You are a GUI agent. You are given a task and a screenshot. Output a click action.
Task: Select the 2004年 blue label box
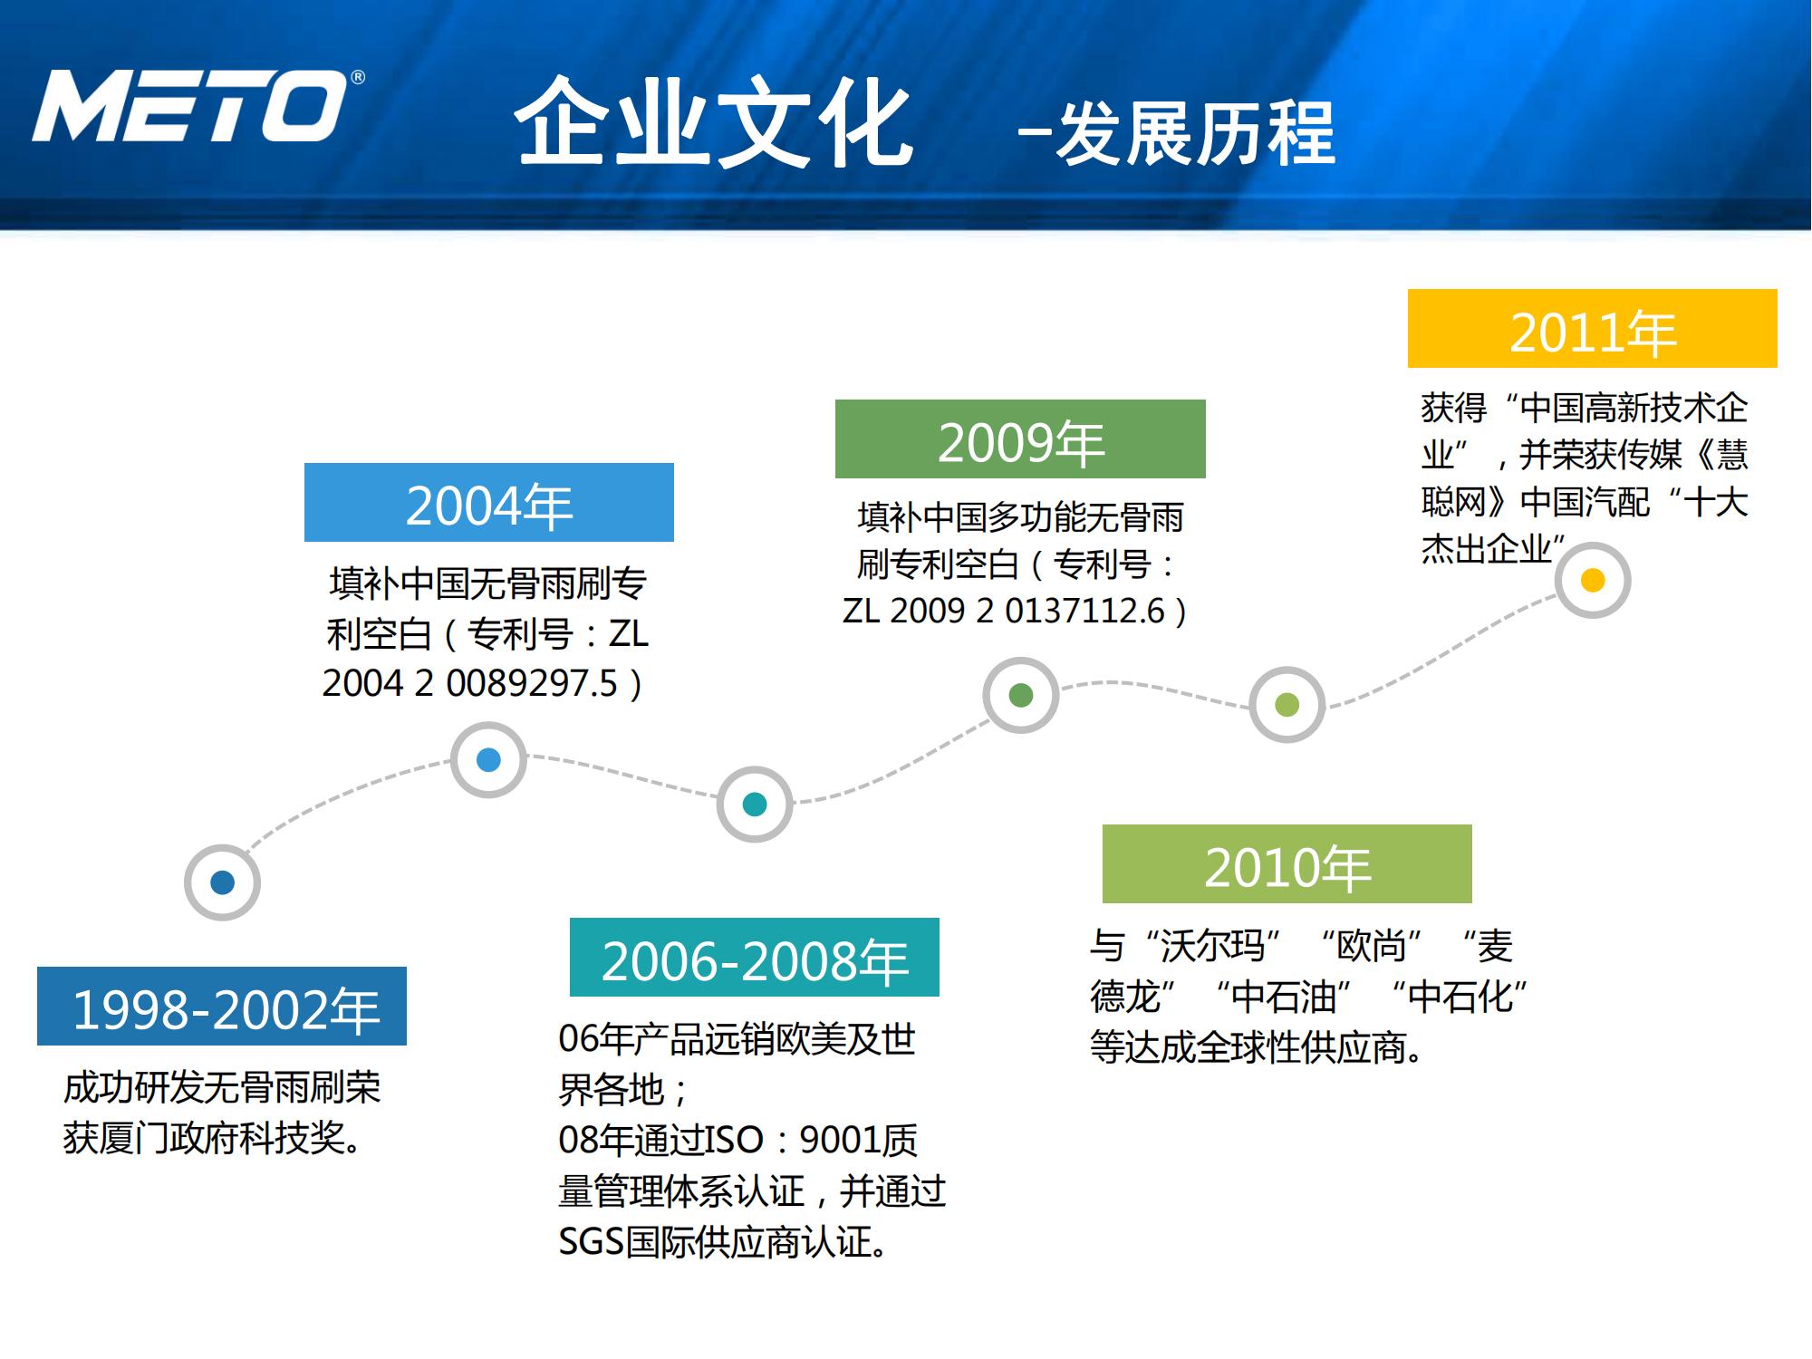click(x=488, y=503)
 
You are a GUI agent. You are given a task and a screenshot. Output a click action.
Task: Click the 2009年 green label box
click(x=1020, y=439)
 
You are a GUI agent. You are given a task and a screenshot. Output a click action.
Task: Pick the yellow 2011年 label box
click(x=1592, y=329)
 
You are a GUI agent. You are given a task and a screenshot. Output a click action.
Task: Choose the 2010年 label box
click(x=1287, y=864)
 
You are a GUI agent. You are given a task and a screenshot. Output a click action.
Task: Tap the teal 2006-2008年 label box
click(x=754, y=958)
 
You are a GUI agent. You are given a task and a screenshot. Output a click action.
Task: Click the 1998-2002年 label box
click(x=222, y=1007)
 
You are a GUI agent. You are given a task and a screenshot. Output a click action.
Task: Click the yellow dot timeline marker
click(x=1592, y=581)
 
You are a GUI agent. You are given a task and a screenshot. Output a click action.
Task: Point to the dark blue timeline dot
click(x=222, y=882)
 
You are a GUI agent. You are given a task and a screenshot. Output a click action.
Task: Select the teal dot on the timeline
click(x=754, y=805)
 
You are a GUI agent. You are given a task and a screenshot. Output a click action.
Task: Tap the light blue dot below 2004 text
click(x=488, y=760)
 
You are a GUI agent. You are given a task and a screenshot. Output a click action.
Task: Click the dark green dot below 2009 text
click(x=1020, y=696)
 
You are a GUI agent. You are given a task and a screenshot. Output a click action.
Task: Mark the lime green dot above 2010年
click(x=1287, y=705)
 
